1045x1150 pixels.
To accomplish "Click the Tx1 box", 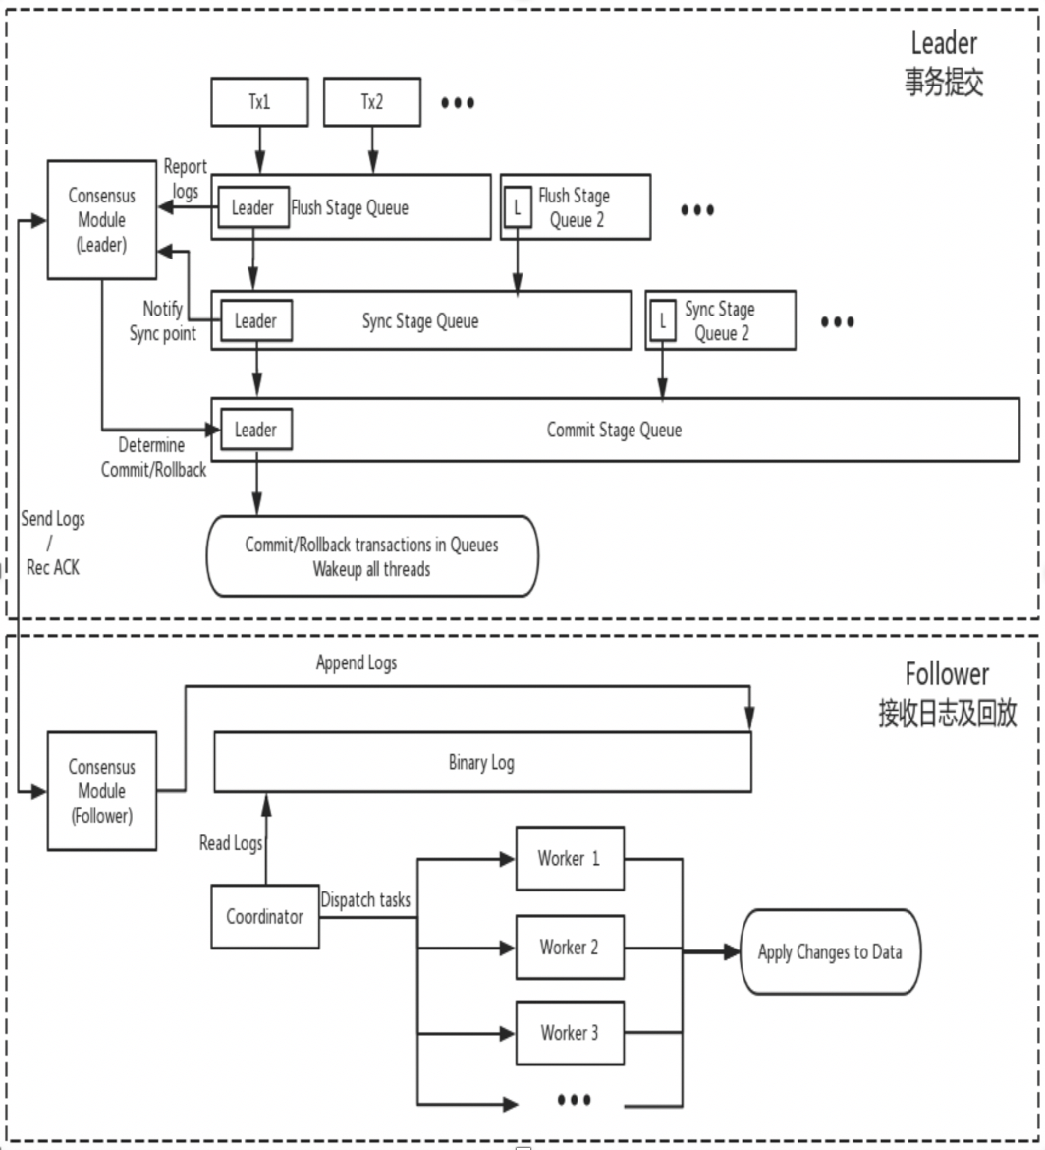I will click(x=260, y=103).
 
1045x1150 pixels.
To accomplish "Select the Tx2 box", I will click(x=371, y=103).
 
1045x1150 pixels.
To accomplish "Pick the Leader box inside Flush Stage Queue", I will click(x=252, y=208).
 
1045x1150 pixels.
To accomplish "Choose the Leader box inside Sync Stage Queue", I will click(x=255, y=320).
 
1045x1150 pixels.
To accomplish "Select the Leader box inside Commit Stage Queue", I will click(x=255, y=430).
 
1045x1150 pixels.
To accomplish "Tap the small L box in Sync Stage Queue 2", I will click(x=663, y=320).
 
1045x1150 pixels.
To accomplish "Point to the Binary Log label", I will click(x=480, y=763).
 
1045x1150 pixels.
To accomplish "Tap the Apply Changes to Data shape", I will click(x=830, y=951).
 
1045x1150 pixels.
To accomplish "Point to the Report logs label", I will click(x=185, y=177).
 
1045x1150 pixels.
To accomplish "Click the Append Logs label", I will click(x=357, y=663).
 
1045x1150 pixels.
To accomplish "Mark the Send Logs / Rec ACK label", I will click(x=53, y=544).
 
